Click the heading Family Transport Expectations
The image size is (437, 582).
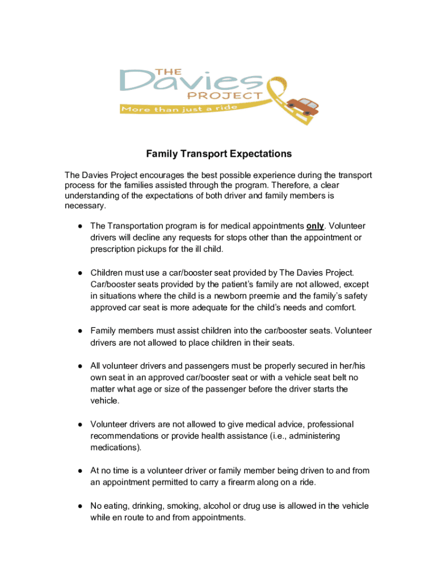pos(218,153)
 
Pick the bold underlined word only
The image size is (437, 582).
pos(315,226)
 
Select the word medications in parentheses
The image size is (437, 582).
pos(114,447)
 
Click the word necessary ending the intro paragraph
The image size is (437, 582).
pos(85,206)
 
